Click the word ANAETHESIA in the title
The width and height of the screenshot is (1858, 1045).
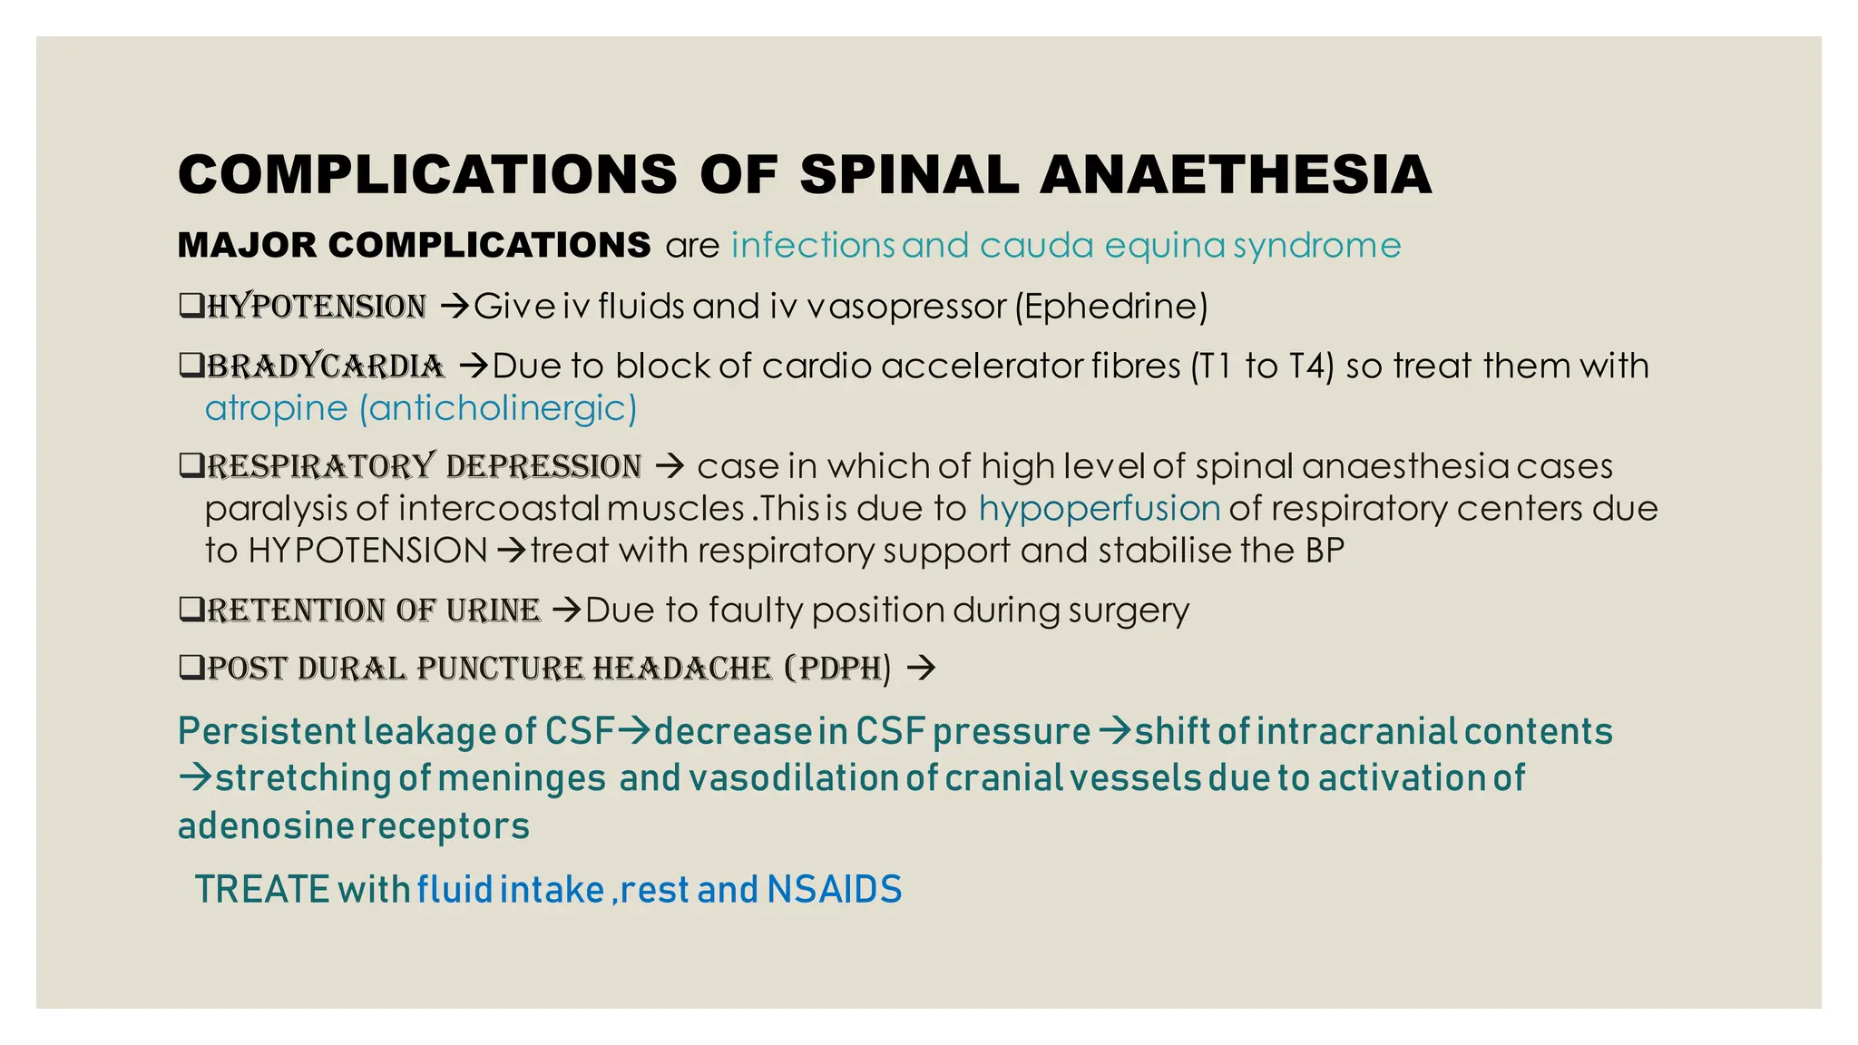tap(1236, 174)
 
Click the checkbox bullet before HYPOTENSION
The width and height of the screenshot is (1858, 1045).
tap(191, 306)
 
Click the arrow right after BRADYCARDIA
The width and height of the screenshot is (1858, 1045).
tap(474, 366)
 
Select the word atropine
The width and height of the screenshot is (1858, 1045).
tap(276, 408)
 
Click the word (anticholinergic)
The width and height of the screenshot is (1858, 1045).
tap(498, 408)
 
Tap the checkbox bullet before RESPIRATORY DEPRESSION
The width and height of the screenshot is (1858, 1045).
tap(191, 466)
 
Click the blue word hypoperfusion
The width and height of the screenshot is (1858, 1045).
tap(1099, 508)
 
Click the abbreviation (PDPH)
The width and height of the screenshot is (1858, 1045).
tap(838, 669)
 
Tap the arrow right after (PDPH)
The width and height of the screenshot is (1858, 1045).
tap(921, 669)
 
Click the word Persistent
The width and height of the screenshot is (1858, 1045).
tap(267, 731)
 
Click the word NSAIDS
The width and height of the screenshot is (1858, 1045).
tap(834, 889)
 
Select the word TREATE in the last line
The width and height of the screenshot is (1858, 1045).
tap(261, 889)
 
